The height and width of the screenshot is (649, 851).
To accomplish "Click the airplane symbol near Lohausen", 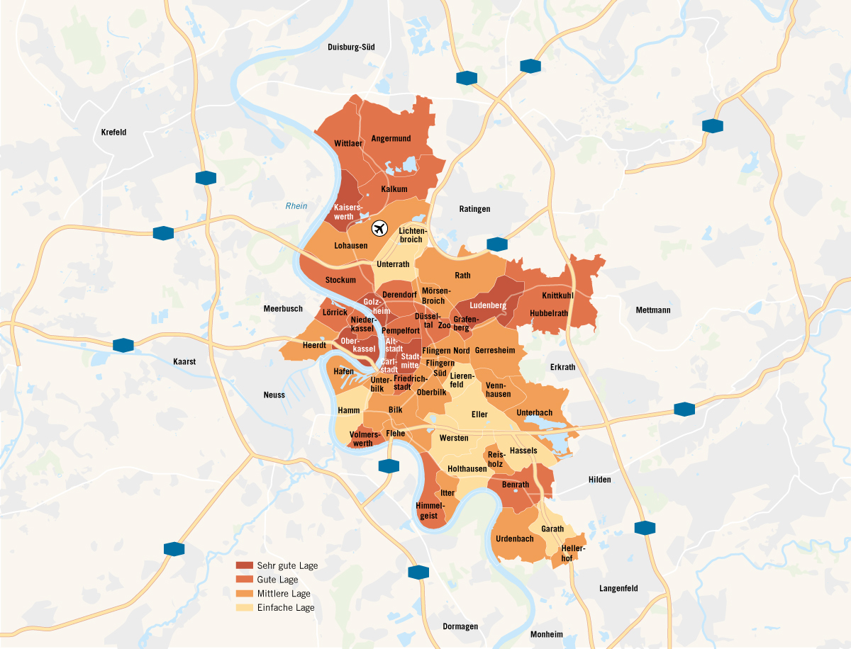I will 379,229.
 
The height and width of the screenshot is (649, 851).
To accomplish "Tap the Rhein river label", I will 296,206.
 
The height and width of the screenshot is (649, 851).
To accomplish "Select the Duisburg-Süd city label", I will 351,47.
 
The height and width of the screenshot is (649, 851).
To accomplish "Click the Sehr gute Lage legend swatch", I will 244,565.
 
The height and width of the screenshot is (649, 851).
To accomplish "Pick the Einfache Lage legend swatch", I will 244,607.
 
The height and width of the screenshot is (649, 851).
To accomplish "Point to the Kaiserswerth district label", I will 348,211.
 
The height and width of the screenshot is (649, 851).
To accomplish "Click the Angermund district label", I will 391,139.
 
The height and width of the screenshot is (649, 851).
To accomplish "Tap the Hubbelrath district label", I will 549,313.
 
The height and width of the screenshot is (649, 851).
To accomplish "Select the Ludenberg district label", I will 487,305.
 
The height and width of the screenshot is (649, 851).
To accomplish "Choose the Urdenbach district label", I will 515,538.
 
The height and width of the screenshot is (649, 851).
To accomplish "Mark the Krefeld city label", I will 113,132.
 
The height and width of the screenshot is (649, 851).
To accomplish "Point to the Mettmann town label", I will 652,310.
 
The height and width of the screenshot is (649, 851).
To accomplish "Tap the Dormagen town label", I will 460,626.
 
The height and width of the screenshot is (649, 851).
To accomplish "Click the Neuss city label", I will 274,395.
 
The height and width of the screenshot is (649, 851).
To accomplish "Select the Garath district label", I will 552,529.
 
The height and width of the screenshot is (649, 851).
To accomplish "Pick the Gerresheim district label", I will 495,350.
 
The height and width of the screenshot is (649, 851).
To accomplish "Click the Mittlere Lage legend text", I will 284,594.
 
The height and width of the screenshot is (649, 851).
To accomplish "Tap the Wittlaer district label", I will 348,144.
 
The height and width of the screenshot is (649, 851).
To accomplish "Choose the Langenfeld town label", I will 618,588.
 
